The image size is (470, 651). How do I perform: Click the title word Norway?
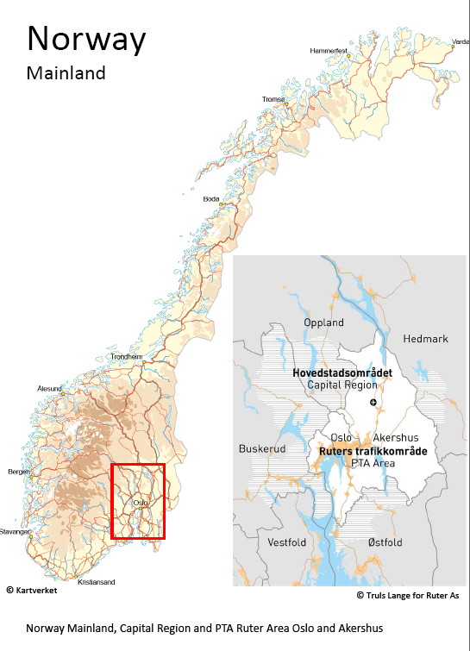(86, 39)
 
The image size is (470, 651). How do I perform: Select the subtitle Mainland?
(66, 73)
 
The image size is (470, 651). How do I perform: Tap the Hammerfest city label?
(329, 51)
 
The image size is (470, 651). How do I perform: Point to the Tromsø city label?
(273, 99)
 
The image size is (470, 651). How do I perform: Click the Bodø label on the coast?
(211, 198)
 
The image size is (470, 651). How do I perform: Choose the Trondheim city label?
(126, 356)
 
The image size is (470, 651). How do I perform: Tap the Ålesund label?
(49, 389)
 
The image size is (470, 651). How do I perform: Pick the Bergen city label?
(18, 472)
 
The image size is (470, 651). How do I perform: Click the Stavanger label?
(15, 531)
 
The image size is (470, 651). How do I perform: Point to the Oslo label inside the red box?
(141, 502)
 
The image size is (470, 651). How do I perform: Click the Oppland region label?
(323, 322)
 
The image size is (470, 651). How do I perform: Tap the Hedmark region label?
(425, 339)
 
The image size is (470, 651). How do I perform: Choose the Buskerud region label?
(260, 449)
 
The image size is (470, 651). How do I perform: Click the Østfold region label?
(385, 542)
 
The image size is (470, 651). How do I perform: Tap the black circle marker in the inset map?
(373, 403)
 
